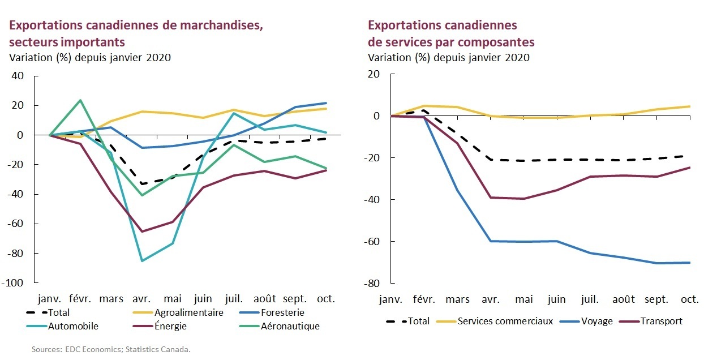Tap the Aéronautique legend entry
pos(290,326)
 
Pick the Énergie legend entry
pos(170,326)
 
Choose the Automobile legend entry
pos(73,326)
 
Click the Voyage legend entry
pos(597,321)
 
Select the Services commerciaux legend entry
pos(496,321)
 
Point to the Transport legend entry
pos(661,321)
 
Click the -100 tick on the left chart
pos(20,283)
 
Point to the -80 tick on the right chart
pos(372,283)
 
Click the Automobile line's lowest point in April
pos(142,261)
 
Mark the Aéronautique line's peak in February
pos(80,100)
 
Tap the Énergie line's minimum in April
pos(142,232)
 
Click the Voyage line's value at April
pos(490,241)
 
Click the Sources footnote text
pos(111,349)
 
